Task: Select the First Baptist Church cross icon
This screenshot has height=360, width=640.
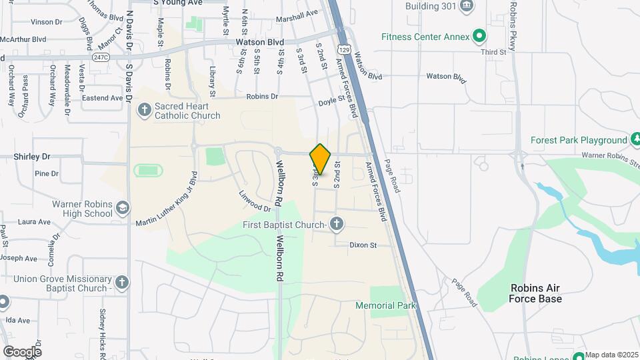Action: (337, 225)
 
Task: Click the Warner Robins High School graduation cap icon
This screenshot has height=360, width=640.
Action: (123, 208)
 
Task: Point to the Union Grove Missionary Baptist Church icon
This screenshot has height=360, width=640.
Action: (121, 283)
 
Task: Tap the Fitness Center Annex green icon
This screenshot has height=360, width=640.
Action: (479, 36)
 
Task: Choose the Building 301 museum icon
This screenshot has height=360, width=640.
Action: (466, 6)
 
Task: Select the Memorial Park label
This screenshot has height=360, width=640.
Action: (386, 305)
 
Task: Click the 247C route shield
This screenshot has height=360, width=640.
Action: (101, 58)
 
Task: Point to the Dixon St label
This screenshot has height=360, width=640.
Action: (363, 245)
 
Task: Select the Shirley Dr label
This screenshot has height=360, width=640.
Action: (32, 156)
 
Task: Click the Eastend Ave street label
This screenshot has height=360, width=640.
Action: (102, 98)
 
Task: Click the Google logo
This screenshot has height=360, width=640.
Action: (22, 351)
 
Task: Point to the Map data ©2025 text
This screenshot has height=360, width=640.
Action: (612, 354)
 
